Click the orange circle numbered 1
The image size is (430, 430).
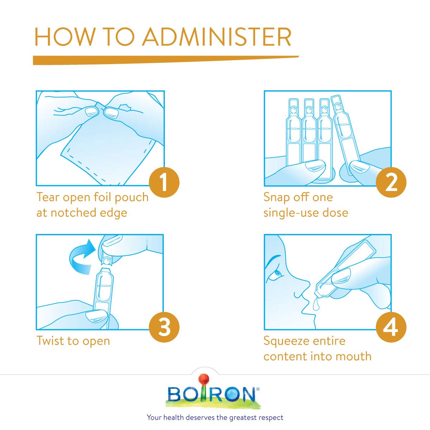point(164,182)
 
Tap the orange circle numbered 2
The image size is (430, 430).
point(391,182)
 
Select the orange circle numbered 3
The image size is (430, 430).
point(164,327)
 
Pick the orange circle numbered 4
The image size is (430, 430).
point(391,327)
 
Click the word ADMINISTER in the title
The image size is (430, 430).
point(217,37)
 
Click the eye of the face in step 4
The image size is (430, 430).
point(278,273)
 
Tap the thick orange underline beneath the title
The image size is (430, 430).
point(166,60)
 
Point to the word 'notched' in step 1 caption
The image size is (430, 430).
point(74,212)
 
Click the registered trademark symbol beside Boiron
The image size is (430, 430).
point(258,389)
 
